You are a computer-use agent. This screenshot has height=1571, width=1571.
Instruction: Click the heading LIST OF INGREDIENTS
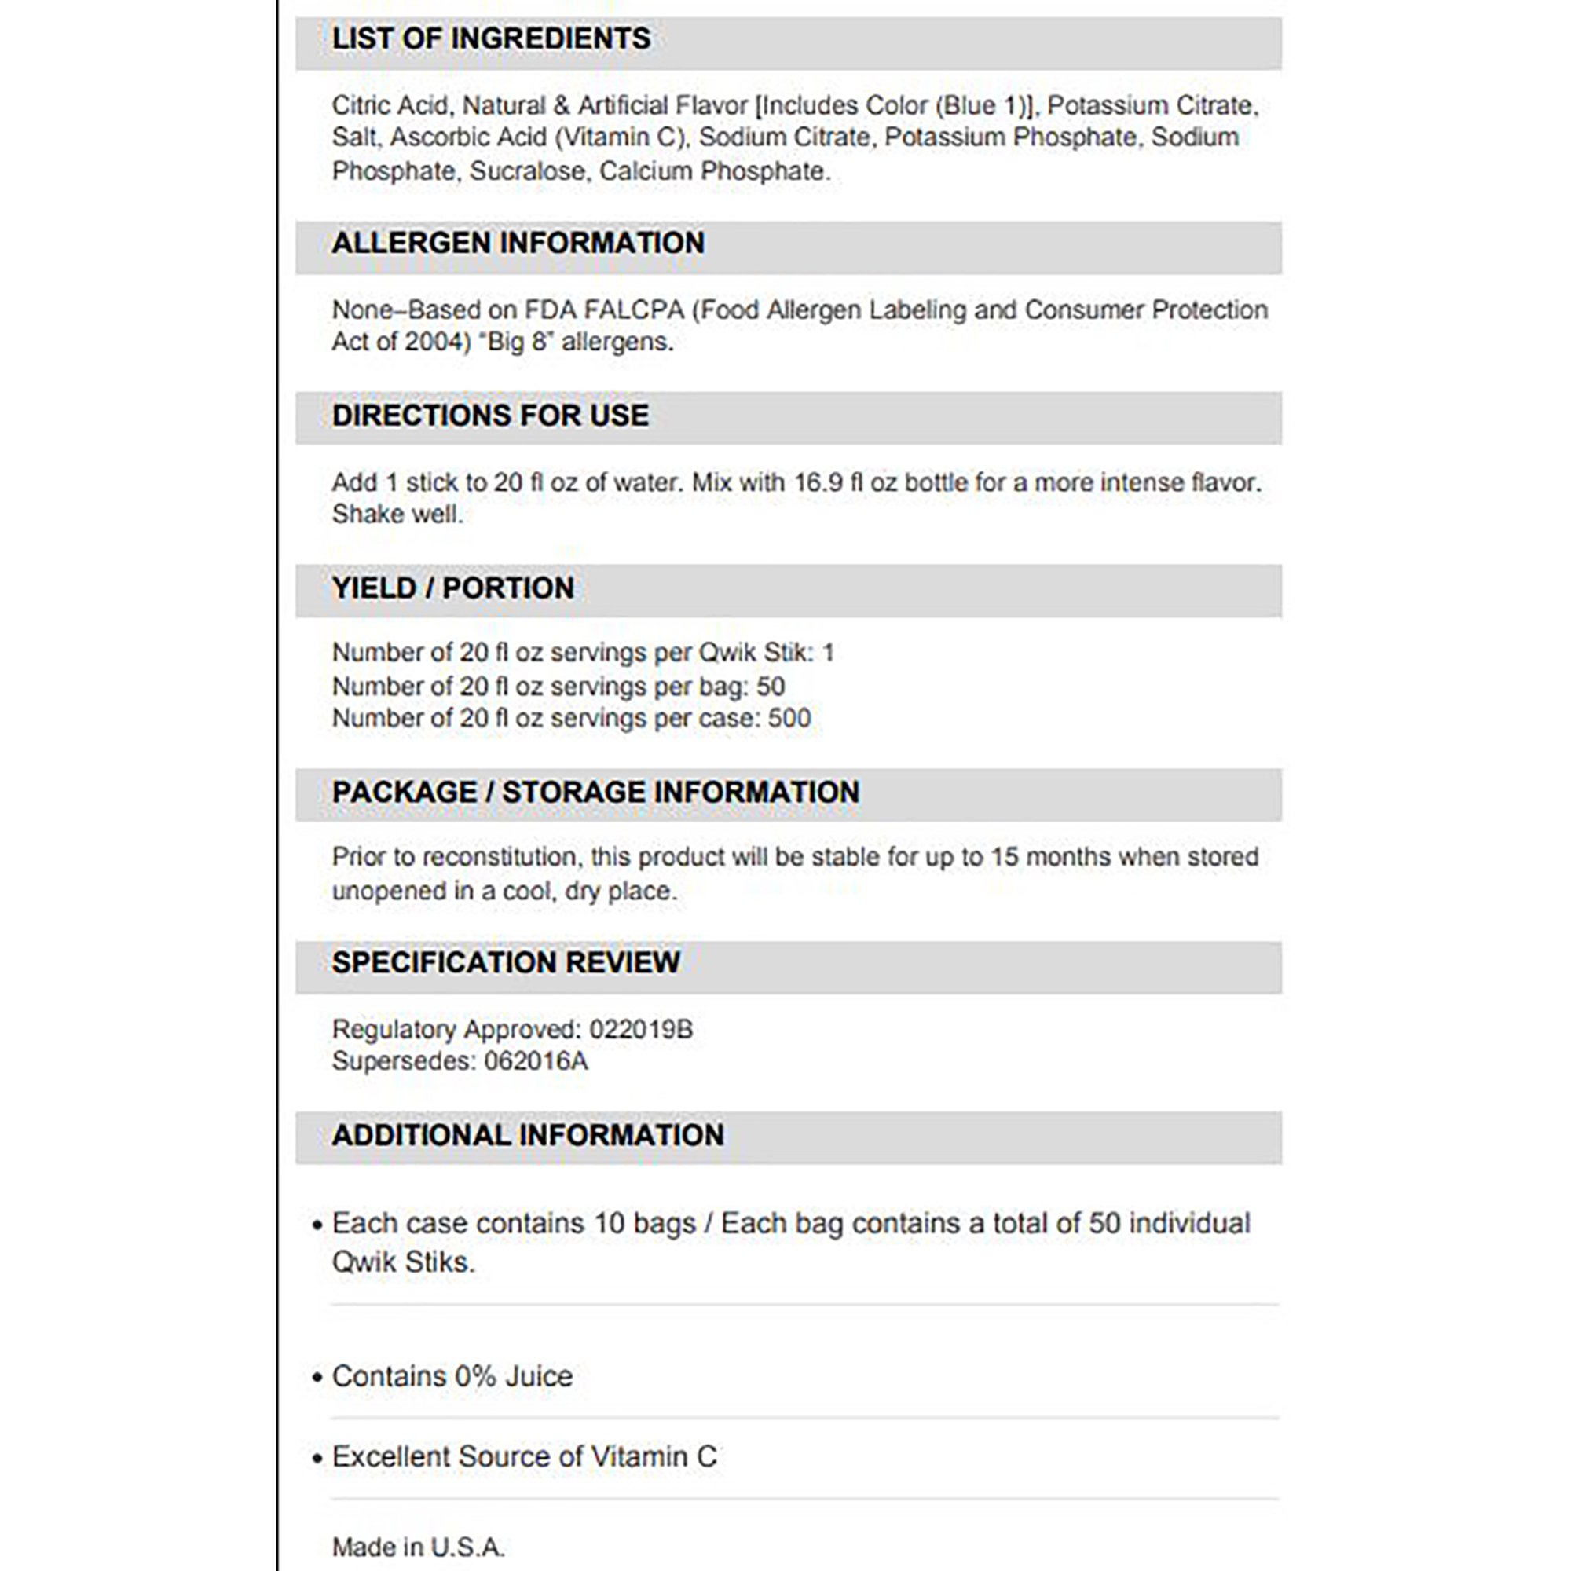point(491,39)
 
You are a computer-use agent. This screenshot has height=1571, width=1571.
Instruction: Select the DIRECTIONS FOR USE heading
point(490,416)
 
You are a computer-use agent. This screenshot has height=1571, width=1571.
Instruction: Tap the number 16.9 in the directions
point(818,482)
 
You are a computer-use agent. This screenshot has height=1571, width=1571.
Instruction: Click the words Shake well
point(397,514)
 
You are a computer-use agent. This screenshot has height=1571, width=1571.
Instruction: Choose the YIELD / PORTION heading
point(453,588)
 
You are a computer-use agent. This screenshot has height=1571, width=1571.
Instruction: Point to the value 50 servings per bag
point(770,687)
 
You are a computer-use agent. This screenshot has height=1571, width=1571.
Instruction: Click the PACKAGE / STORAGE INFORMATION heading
point(595,792)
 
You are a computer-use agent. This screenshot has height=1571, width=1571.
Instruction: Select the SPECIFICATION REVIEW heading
point(506,963)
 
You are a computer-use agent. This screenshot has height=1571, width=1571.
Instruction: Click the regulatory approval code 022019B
point(641,1030)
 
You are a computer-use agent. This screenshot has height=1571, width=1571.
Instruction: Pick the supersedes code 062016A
point(536,1061)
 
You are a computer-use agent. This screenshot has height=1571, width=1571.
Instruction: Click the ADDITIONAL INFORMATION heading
point(528,1135)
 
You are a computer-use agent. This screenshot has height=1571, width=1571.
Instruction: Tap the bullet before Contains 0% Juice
point(317,1378)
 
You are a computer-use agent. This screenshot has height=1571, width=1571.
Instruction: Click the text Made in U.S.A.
point(418,1547)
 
